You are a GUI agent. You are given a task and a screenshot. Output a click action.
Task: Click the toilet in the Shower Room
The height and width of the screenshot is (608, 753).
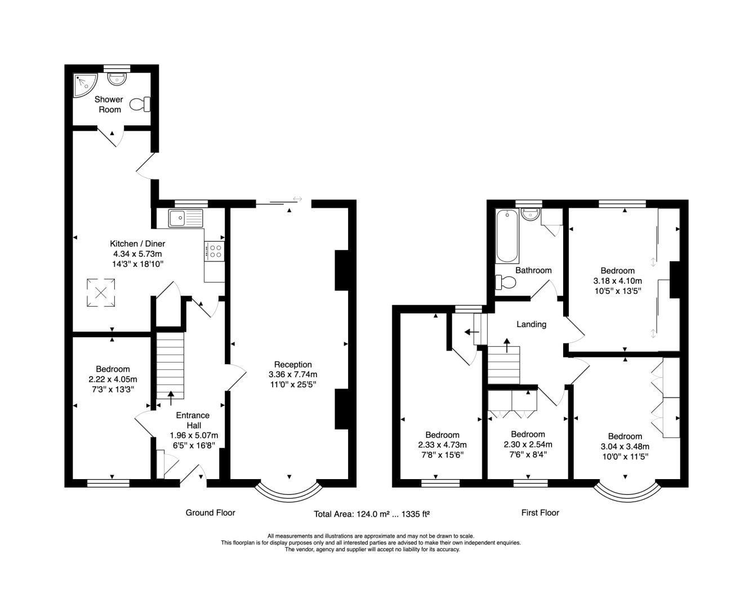(140, 104)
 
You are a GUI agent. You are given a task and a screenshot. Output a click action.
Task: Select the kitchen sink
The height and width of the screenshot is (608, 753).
(186, 218)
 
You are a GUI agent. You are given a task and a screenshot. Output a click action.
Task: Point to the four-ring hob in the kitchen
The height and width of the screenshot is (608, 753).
(214, 251)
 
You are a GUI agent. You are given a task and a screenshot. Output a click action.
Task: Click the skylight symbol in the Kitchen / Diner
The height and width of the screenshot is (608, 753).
(101, 293)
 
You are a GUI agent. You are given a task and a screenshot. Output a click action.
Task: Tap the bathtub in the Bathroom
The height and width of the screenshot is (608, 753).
(507, 236)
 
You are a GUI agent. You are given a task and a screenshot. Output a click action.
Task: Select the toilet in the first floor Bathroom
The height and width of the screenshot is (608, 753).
(506, 282)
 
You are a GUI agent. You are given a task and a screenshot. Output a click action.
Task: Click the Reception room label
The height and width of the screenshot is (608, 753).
(293, 364)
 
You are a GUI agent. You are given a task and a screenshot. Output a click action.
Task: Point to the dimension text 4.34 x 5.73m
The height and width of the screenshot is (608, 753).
(137, 254)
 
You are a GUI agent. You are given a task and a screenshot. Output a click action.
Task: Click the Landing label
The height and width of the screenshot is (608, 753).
(531, 324)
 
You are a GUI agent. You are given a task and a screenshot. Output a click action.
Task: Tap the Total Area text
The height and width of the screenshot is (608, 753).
(372, 514)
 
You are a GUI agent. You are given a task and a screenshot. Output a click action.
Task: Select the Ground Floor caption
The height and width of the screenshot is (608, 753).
(210, 513)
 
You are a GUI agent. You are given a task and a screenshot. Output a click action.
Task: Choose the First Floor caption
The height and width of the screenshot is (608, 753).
(540, 513)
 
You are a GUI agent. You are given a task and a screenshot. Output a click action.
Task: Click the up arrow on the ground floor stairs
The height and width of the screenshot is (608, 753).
(171, 398)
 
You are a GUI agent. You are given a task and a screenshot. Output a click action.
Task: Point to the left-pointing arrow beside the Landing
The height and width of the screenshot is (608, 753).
(471, 332)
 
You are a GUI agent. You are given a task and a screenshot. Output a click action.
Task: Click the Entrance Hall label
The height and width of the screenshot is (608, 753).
(193, 420)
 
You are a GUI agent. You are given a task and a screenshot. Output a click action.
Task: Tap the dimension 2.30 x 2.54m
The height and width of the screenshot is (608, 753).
(528, 444)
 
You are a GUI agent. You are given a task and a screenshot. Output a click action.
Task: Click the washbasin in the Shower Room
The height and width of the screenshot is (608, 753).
(117, 79)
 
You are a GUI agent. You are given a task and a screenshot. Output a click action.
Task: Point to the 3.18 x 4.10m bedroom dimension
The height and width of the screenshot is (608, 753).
(617, 280)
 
